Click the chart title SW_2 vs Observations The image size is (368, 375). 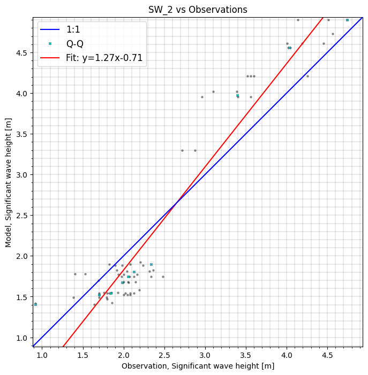198,10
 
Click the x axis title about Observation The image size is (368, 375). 198,366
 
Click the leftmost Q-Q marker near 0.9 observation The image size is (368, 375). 35,304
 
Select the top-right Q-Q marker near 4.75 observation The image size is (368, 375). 347,20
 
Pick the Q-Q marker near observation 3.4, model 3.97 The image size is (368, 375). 237,96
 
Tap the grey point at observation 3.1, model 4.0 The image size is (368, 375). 213,91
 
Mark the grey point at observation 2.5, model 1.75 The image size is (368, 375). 163,277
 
